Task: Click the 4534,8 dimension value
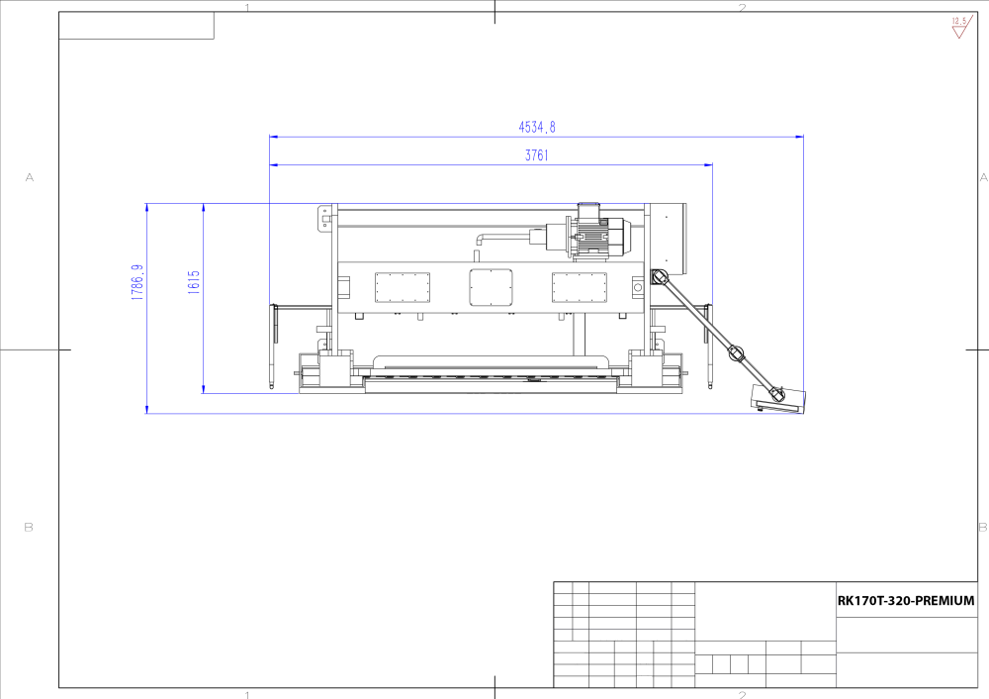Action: point(537,127)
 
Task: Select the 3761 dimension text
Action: point(537,155)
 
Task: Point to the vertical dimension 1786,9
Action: point(137,282)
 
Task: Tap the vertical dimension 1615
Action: point(194,282)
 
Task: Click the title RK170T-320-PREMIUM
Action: point(906,601)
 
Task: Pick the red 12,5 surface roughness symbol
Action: point(959,27)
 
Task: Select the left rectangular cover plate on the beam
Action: point(403,288)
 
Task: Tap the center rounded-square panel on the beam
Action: point(491,287)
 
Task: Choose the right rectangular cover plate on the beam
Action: point(579,288)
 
